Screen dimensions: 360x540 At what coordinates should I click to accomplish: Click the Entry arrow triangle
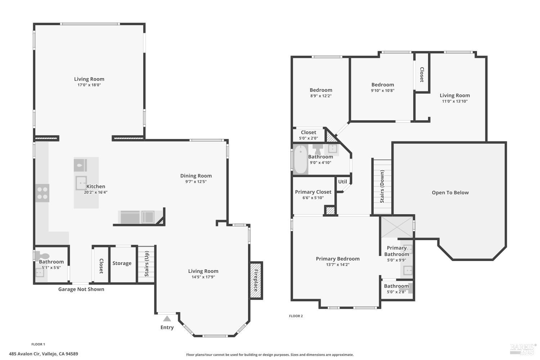[x=167, y=319]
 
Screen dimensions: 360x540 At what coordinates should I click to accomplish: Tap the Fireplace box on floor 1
[x=256, y=280]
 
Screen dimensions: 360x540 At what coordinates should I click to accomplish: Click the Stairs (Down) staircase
[x=382, y=186]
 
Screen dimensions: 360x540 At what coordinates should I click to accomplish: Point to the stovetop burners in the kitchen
[x=42, y=193]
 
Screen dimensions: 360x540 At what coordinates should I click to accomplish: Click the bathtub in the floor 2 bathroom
[x=301, y=159]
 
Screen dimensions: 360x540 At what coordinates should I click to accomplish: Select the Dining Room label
[x=196, y=176]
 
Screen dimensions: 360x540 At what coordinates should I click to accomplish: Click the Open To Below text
[x=450, y=193]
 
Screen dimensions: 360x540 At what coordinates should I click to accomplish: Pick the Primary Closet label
[x=313, y=192]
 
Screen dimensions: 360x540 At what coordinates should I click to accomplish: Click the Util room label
[x=342, y=181]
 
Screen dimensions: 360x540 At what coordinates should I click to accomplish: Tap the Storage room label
[x=122, y=263]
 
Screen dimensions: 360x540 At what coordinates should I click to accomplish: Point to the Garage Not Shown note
[x=81, y=289]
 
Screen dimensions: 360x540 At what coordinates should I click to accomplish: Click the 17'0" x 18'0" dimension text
[x=89, y=85]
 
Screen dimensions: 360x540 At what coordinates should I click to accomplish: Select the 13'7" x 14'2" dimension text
[x=338, y=265]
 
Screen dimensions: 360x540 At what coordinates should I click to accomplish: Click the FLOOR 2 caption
[x=296, y=316]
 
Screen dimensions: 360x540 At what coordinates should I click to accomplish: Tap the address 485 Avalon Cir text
[x=43, y=354]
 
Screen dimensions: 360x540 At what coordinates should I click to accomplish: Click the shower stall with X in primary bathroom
[x=397, y=227]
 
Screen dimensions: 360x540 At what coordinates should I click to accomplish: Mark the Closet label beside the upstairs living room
[x=422, y=75]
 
